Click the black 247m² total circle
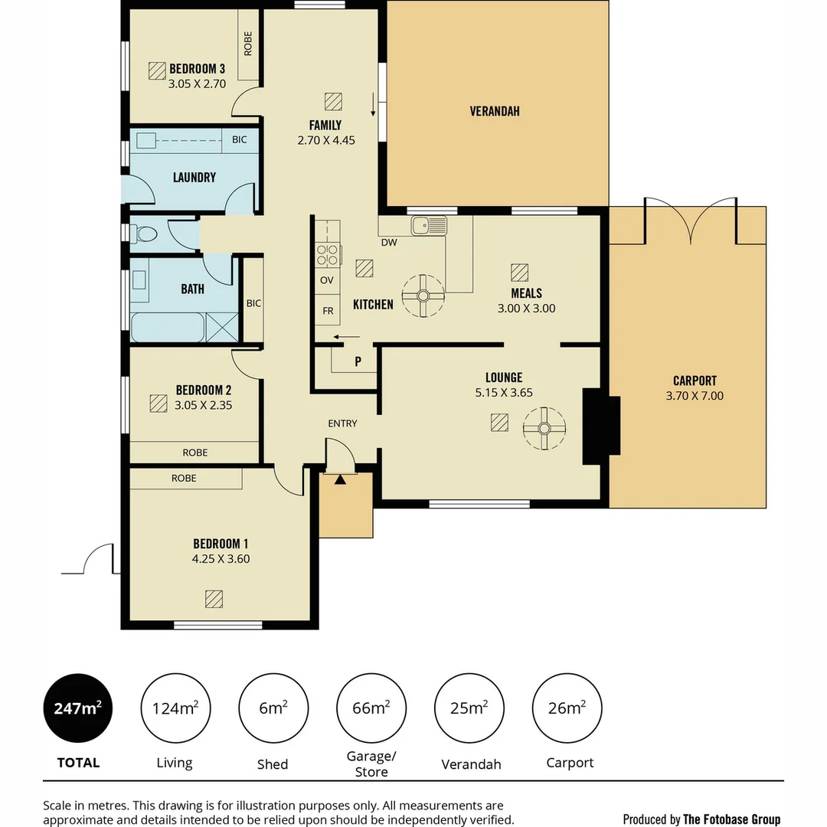pos(78,708)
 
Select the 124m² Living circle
pos(175,708)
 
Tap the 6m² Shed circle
pos(273,708)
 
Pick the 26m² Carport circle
pos(567,708)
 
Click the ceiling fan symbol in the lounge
pos(544,428)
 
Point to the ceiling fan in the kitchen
pos(423,296)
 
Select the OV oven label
pos(327,280)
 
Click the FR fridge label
pos(327,311)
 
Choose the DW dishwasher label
pos(388,243)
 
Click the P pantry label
pos(358,362)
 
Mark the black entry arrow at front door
pos(340,479)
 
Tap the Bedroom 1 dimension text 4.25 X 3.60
pos(221,559)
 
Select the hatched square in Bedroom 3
pos(158,70)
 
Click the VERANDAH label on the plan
pos(495,111)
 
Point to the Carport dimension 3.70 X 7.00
pos(695,396)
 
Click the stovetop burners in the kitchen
pos(327,254)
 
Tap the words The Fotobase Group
pos(731,819)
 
